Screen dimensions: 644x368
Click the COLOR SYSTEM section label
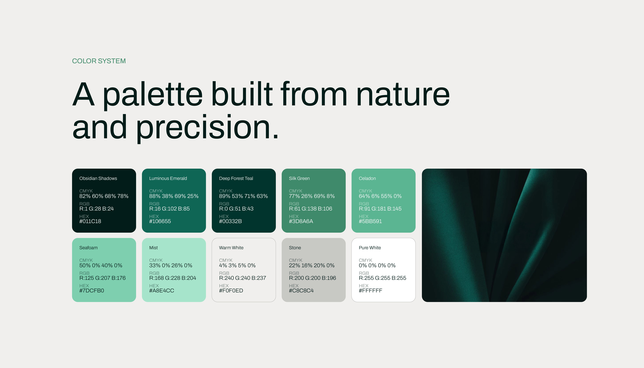(99, 61)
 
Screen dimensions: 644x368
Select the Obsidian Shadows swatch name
(98, 178)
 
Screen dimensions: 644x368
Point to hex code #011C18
(90, 221)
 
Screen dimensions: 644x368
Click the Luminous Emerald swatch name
(168, 178)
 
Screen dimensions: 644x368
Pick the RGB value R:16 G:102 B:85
(169, 209)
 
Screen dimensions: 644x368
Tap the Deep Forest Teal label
(236, 178)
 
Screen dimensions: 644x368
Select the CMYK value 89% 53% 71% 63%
(243, 196)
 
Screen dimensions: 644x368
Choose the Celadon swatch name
(367, 178)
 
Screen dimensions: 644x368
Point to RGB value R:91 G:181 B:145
(380, 209)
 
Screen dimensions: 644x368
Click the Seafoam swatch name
(88, 248)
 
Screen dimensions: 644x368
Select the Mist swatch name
(153, 248)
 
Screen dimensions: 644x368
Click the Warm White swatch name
(231, 248)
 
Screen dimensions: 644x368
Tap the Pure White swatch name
(370, 248)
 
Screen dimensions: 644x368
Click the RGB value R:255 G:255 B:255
(382, 278)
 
